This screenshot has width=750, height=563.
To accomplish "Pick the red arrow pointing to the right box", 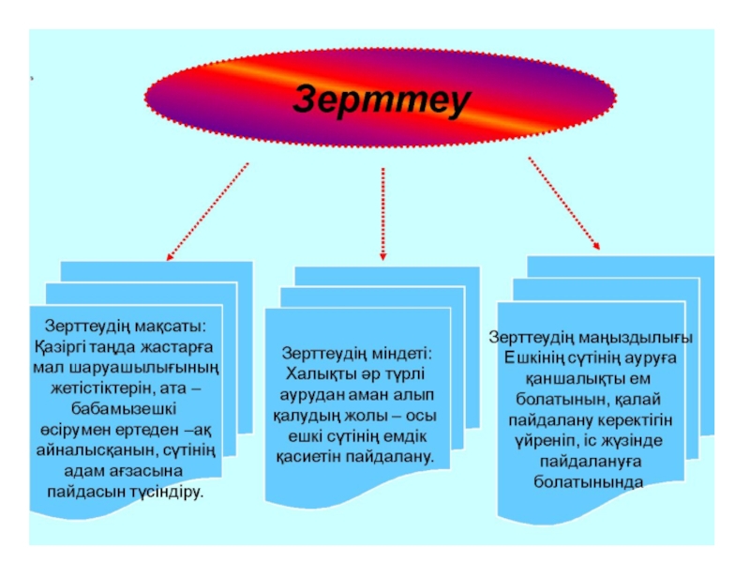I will point(564,204).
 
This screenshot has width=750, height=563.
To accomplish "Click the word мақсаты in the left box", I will point(174,327).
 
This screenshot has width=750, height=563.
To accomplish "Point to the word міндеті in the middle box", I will point(397,354).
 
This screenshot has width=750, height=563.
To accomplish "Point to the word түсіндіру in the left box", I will point(167,492).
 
